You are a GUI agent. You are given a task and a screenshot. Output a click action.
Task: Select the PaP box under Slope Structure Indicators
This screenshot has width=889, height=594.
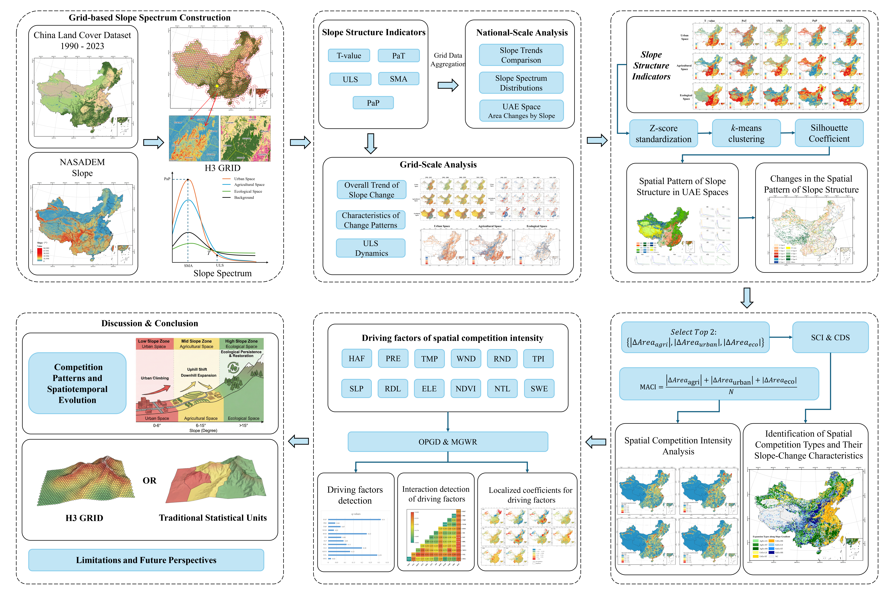tap(373, 103)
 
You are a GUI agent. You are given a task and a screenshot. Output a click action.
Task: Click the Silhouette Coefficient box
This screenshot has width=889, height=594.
tap(829, 133)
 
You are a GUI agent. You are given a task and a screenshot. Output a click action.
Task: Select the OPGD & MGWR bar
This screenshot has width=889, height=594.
tap(447, 442)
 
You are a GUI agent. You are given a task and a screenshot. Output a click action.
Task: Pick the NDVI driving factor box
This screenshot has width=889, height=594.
tap(465, 389)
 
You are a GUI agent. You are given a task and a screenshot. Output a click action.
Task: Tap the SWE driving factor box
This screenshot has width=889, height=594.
tap(539, 389)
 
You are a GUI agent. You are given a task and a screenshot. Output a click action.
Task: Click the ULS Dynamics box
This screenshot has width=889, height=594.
tap(371, 248)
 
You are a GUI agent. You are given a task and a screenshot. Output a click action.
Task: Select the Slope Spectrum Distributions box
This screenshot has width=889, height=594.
tap(521, 83)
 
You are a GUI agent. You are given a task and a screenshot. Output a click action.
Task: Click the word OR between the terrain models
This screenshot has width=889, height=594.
tap(149, 480)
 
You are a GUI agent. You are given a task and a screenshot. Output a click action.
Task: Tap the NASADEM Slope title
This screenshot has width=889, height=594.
tap(82, 167)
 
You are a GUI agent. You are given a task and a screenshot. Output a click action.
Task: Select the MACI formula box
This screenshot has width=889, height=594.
tap(719, 384)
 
